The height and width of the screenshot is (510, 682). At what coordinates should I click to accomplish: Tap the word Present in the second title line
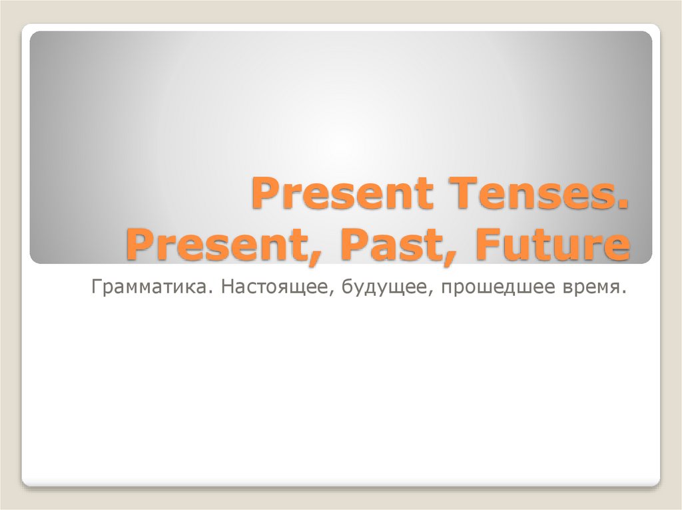(212, 245)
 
